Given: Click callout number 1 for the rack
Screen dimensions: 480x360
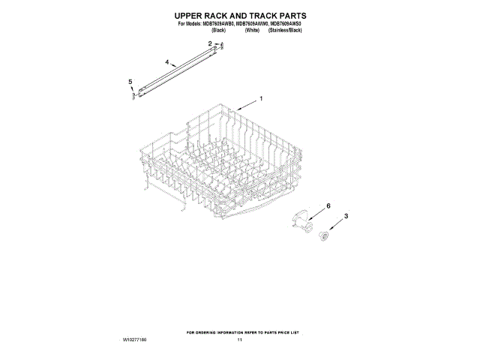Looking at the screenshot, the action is [x=260, y=98].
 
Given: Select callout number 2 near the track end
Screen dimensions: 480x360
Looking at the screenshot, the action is [x=210, y=44].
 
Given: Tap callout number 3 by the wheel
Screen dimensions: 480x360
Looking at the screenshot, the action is [x=346, y=217].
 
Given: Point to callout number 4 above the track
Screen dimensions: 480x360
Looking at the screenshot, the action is [x=166, y=63].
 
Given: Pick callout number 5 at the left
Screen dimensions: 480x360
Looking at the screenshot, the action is [x=130, y=81].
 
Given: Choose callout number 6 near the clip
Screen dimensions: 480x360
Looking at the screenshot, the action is [x=327, y=205].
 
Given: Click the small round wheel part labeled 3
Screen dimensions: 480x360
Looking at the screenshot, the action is [x=325, y=236].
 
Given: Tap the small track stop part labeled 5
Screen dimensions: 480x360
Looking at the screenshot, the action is [x=133, y=94].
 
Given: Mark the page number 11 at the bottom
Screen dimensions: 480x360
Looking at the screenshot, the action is [x=240, y=340].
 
